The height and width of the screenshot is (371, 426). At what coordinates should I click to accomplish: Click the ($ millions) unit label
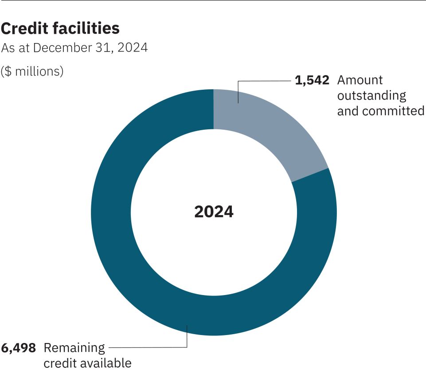click(32, 71)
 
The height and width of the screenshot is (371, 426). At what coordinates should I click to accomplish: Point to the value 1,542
click(313, 80)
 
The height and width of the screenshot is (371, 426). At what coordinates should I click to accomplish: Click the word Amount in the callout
click(360, 80)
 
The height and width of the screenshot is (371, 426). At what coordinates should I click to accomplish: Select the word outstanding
click(371, 96)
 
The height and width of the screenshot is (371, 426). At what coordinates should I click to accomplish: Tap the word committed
click(394, 111)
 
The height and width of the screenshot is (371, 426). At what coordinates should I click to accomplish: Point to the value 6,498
click(18, 347)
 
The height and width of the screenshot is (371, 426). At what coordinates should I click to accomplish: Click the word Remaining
click(74, 347)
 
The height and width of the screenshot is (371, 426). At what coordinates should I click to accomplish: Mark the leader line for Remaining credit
click(146, 347)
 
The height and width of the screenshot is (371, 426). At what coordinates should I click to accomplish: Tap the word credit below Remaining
click(58, 363)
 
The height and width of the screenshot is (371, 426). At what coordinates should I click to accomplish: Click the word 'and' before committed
click(348, 111)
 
